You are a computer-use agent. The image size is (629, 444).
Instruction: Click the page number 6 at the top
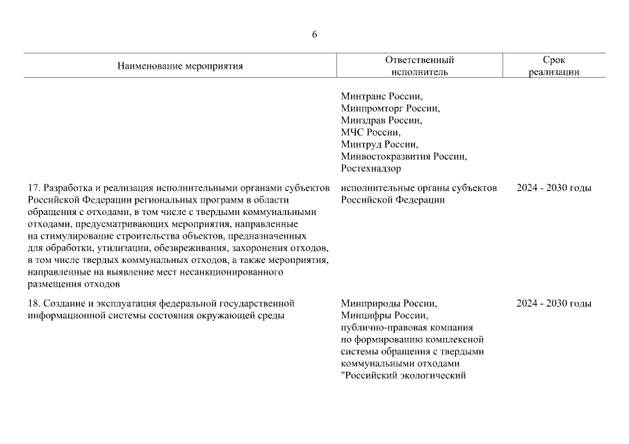pyautogui.click(x=314, y=35)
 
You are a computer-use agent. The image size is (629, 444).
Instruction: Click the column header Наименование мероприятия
pyautogui.click(x=180, y=67)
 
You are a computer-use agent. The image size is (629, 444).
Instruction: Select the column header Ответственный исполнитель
pyautogui.click(x=419, y=66)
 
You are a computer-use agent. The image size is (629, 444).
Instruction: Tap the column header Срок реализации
pyautogui.click(x=554, y=66)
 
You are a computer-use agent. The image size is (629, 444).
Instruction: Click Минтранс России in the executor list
pyautogui.click(x=382, y=96)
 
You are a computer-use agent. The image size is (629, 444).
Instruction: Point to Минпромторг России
pyautogui.click(x=391, y=108)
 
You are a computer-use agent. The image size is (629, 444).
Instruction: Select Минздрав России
pyautogui.click(x=381, y=120)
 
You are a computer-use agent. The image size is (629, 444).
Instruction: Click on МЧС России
pyautogui.click(x=370, y=132)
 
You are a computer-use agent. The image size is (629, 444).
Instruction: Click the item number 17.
pyautogui.click(x=34, y=188)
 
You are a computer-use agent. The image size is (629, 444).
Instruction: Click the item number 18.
pyautogui.click(x=34, y=303)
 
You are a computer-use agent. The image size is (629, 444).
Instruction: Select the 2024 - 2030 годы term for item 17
pyautogui.click(x=554, y=188)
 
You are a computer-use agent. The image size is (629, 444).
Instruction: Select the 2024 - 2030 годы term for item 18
pyautogui.click(x=554, y=303)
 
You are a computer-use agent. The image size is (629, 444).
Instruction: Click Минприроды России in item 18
pyautogui.click(x=389, y=303)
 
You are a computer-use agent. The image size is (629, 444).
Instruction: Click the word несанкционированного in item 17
pyautogui.click(x=236, y=272)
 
